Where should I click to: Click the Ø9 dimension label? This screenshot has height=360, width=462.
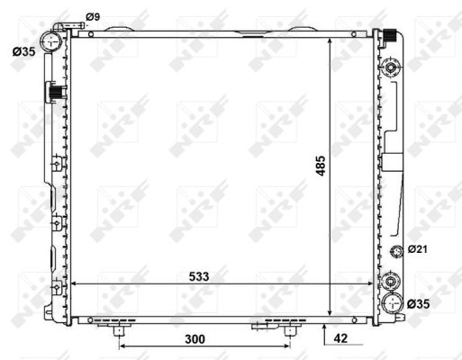[93, 17]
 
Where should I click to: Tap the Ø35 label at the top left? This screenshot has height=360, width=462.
[24, 51]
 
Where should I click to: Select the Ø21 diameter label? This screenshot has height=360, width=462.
[417, 249]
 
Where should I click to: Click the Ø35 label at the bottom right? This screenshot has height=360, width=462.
[419, 304]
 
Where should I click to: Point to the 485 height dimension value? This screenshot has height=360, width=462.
[321, 166]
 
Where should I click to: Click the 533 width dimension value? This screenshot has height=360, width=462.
[199, 276]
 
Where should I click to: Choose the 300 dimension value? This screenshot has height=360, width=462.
[195, 339]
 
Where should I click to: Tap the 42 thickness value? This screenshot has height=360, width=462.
[340, 338]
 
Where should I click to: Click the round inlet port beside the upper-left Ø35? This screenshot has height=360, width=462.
[51, 41]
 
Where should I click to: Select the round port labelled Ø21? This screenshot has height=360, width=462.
[396, 251]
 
